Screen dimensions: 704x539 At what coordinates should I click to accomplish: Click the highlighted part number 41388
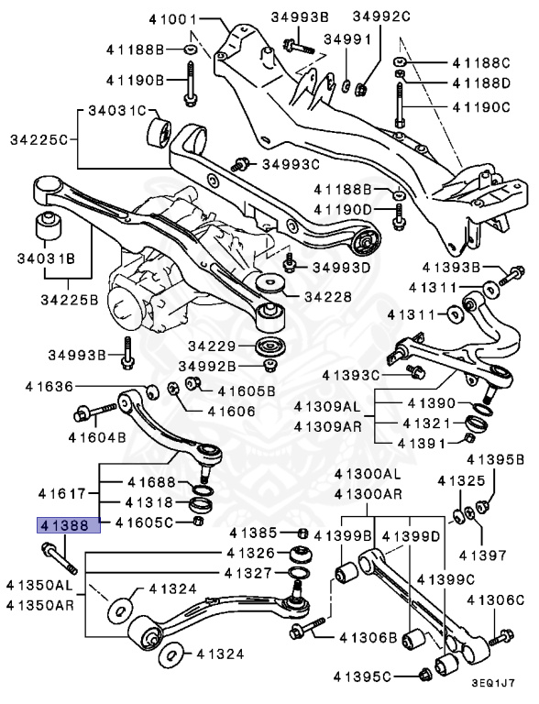[63, 526]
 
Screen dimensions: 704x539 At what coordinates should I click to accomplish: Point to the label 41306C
[495, 600]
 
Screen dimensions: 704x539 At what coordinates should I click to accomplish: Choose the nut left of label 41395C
[424, 676]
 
